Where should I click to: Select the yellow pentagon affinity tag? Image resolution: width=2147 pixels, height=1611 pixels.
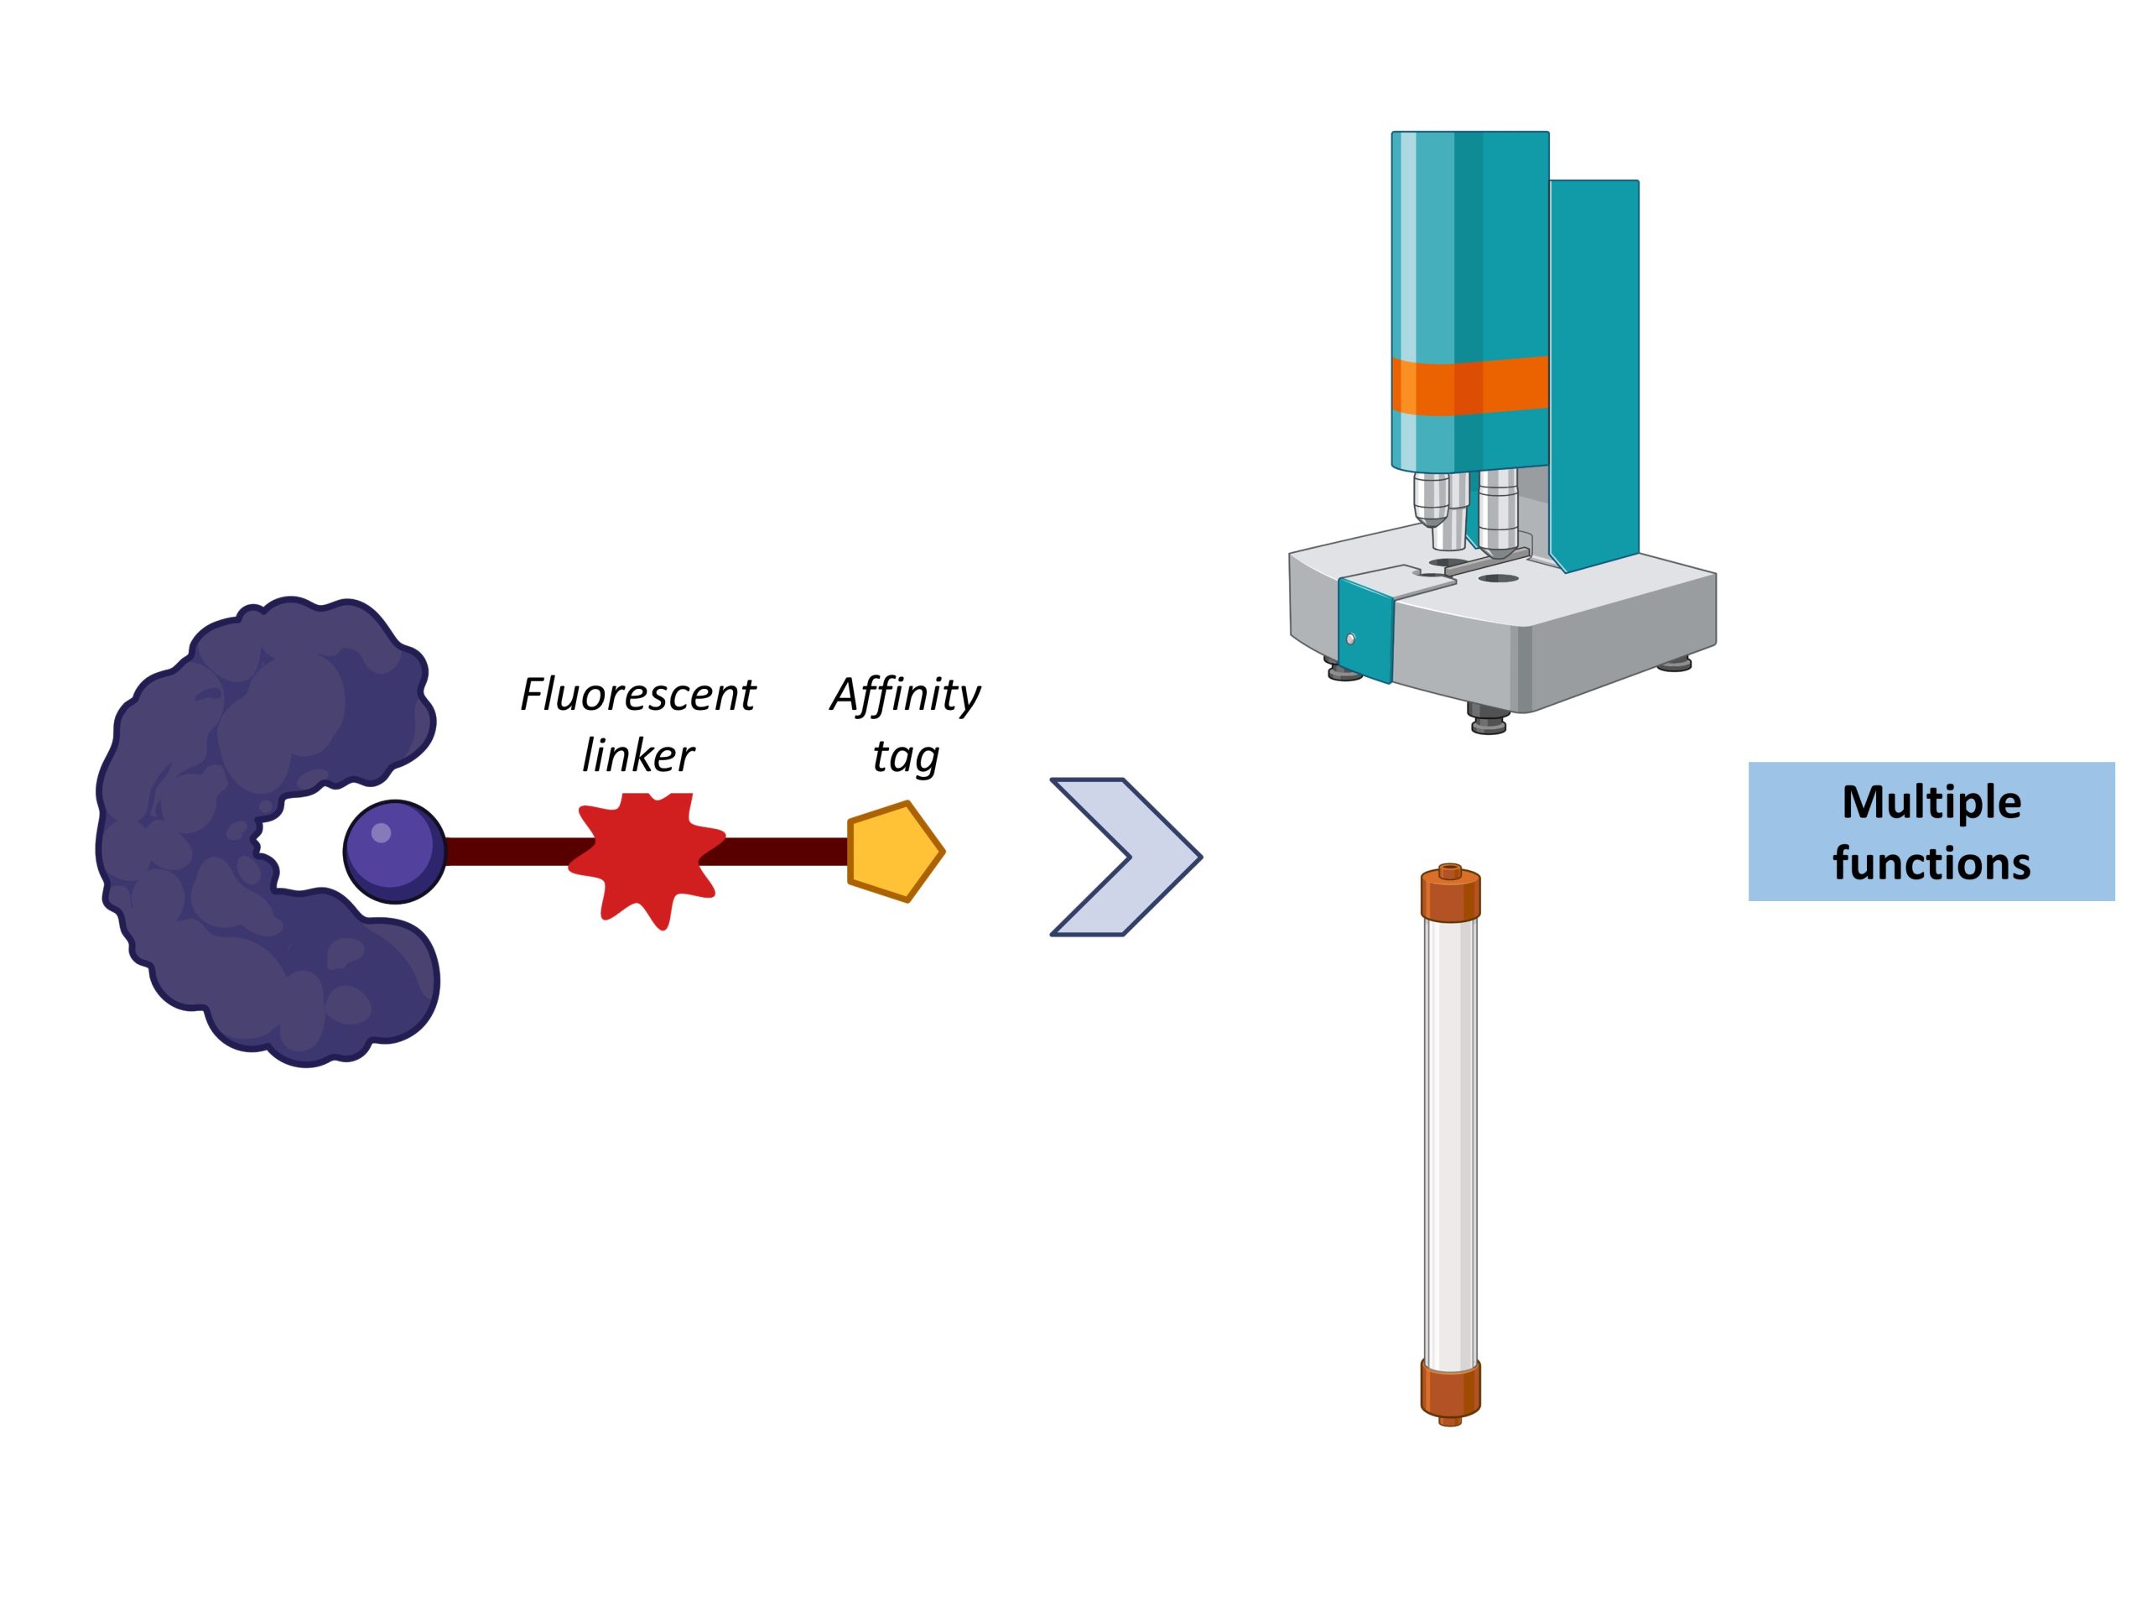[x=893, y=852]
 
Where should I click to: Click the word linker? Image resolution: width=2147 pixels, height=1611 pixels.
[x=637, y=755]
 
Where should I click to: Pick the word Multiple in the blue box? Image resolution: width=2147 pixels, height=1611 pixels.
[x=1931, y=802]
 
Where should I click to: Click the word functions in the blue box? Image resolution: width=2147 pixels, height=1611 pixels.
[x=1931, y=863]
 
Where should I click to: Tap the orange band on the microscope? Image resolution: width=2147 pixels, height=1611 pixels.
[x=1469, y=385]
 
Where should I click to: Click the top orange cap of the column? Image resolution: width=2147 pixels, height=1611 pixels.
[x=1450, y=894]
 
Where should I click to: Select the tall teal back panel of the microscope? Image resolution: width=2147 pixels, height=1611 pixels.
[x=1593, y=369]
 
